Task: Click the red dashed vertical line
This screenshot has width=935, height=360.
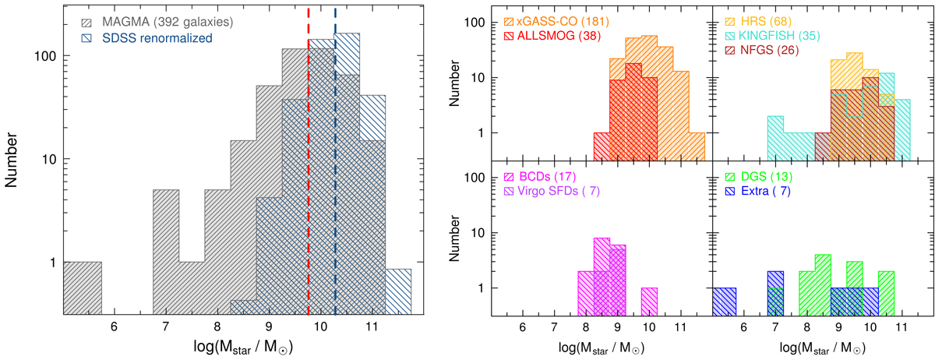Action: click(309, 156)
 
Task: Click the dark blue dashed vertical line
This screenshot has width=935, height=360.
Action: click(335, 156)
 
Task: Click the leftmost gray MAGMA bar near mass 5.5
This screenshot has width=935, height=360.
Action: click(82, 288)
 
